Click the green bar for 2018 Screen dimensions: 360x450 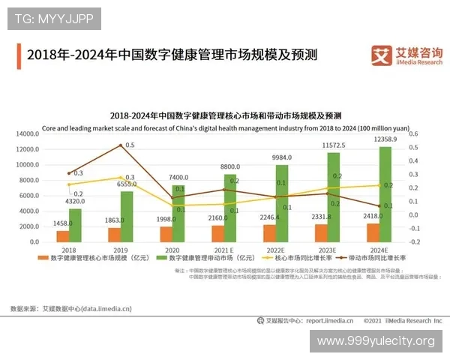[75, 225]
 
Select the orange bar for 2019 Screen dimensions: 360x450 [114, 235]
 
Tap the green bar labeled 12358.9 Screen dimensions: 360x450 [385, 194]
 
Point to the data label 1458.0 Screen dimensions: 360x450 [63, 223]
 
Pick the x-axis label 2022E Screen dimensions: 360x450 [275, 250]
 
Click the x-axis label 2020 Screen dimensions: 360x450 [172, 250]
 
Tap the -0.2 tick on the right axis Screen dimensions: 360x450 [413, 241]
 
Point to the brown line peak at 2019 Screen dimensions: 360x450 [120, 145]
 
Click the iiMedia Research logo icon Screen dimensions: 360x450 [382, 54]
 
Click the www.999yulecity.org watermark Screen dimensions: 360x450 [375, 341]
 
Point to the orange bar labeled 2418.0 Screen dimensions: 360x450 [373, 232]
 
